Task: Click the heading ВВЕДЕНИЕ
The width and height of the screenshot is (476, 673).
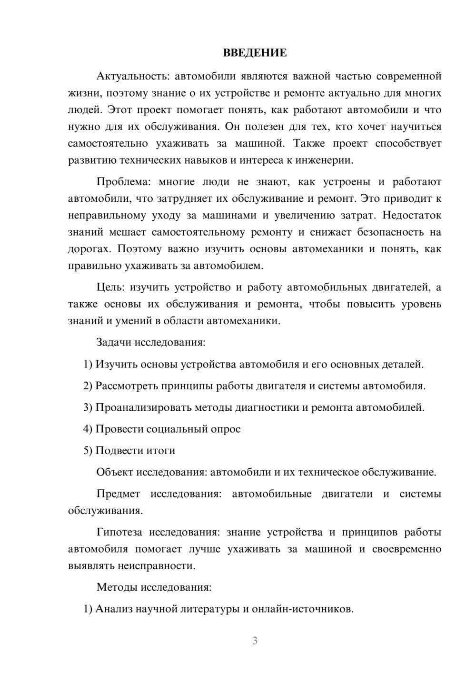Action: pyautogui.click(x=255, y=53)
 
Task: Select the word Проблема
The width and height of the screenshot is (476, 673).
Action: pyautogui.click(x=122, y=182)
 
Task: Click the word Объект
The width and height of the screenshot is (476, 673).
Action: pyautogui.click(x=115, y=472)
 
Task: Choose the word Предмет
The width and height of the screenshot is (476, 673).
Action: pyautogui.click(x=118, y=494)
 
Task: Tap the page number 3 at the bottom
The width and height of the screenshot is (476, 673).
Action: pyautogui.click(x=255, y=641)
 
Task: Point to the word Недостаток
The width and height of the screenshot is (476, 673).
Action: pyautogui.click(x=412, y=215)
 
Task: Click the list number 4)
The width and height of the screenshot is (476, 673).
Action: pyautogui.click(x=88, y=429)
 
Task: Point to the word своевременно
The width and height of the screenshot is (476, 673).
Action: pyautogui.click(x=407, y=549)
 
